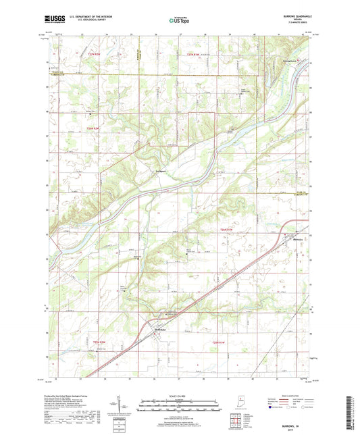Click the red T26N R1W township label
pos(226,230)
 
